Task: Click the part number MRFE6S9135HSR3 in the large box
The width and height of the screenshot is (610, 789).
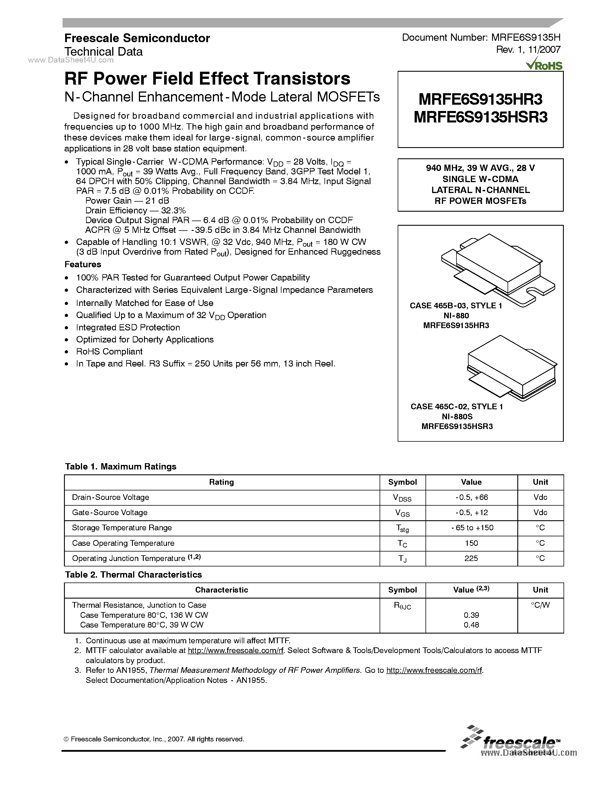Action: click(x=480, y=117)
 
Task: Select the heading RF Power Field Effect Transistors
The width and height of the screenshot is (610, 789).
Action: click(x=207, y=79)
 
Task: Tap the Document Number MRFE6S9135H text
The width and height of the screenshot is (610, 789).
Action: click(x=481, y=38)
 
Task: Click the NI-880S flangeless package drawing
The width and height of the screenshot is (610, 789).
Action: click(x=511, y=368)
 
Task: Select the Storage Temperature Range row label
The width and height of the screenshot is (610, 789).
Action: click(x=122, y=528)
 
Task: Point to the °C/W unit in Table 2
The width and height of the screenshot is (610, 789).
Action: click(x=540, y=605)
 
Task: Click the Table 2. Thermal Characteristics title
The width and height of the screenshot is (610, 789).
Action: click(x=133, y=575)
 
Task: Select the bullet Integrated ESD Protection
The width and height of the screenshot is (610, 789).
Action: click(x=128, y=328)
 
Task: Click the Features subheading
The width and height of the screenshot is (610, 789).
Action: click(x=83, y=264)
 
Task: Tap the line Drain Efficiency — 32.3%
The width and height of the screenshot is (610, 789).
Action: click(x=135, y=211)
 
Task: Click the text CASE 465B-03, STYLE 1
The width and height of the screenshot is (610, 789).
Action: click(x=456, y=306)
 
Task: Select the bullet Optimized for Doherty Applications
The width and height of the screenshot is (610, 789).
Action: click(x=145, y=340)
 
